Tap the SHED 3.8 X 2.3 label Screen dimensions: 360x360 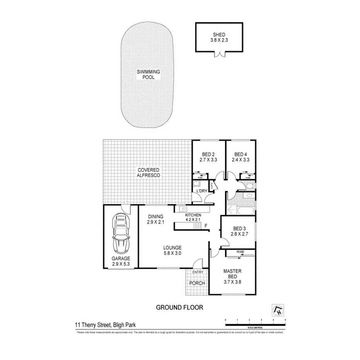click(219, 37)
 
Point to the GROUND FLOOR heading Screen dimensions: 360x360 click(179, 307)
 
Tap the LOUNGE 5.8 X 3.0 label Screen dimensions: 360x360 click(172, 251)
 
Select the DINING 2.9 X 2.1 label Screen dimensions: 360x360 click(156, 219)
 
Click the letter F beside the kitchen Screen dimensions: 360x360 click(206, 226)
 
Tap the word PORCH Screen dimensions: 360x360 click(196, 283)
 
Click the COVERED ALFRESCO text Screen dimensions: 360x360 click(148, 173)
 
